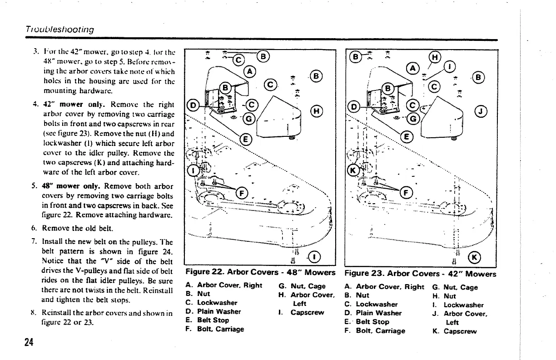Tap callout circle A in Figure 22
249,71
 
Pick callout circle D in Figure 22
193,107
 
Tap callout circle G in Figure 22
249,120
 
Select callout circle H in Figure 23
434,57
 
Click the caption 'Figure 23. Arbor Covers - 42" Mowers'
420,274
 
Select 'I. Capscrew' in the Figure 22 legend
305,312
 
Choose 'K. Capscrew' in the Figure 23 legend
456,331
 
